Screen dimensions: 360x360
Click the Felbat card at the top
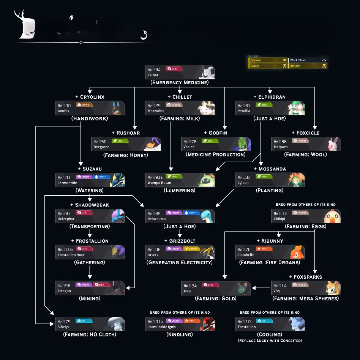[180, 72]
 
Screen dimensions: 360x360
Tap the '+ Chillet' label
[180, 97]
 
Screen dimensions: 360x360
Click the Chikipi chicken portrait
[332, 216]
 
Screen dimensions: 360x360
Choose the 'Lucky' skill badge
[267, 66]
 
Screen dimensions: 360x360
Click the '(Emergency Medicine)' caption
[180, 82]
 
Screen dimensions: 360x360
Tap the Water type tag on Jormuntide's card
[102, 177]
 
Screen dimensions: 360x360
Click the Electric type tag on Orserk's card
[191, 249]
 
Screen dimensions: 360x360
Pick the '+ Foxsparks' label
[305, 277]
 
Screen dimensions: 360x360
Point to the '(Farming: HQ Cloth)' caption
[90, 335]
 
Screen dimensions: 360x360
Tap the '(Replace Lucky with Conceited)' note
[270, 341]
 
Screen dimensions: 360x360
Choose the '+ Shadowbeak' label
[90, 205]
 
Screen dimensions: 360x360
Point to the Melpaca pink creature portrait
[333, 144]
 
